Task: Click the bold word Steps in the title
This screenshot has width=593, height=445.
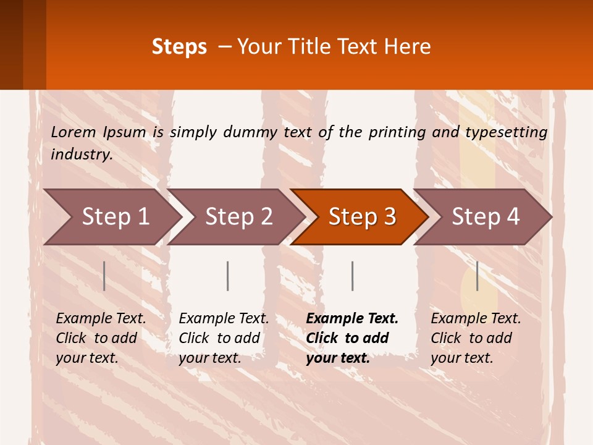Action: coord(179,47)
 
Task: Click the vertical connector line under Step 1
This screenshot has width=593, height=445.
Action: coord(104,276)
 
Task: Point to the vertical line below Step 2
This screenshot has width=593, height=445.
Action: coord(228,276)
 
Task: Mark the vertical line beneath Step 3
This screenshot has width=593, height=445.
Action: coord(352,276)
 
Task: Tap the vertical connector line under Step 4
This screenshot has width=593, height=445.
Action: coord(477,276)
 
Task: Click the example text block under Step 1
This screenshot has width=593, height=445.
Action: coord(101,338)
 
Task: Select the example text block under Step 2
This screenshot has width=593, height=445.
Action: coord(224,338)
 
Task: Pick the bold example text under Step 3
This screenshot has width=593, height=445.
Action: coord(352,338)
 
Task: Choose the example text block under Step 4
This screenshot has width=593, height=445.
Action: coord(476,338)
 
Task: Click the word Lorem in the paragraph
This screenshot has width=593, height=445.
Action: coord(74,132)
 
